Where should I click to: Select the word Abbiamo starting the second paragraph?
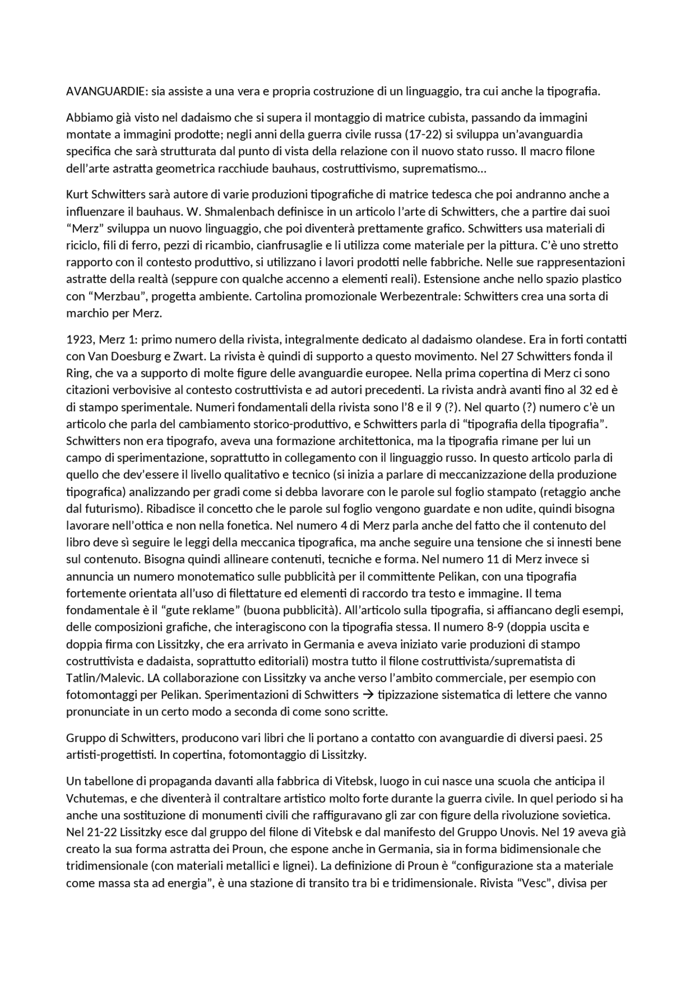[x=87, y=117]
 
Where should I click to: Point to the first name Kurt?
[x=77, y=194]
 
